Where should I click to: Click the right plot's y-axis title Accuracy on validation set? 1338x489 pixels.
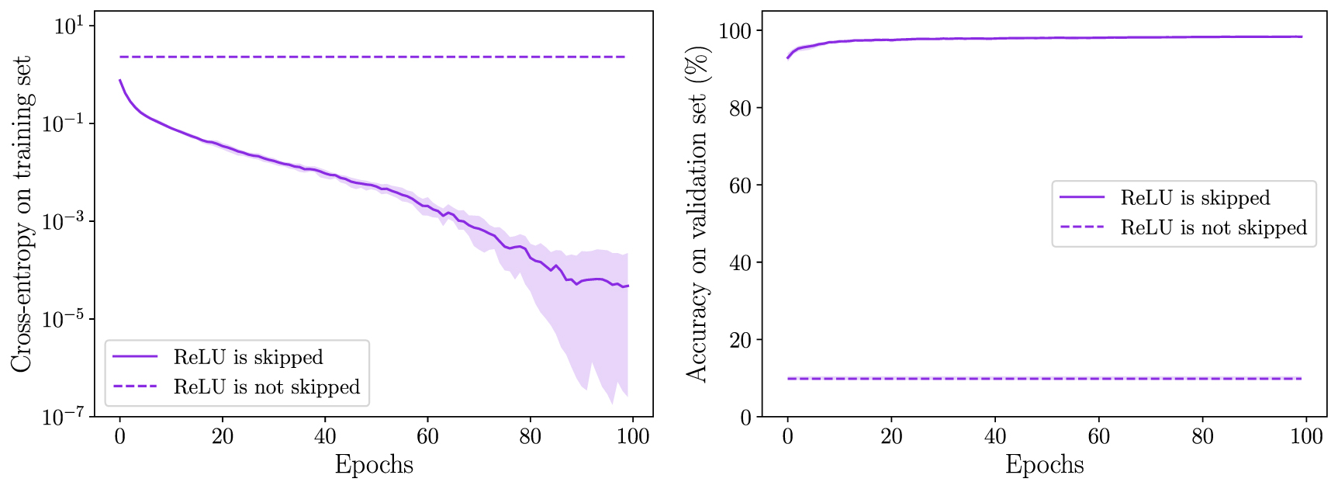[x=697, y=213]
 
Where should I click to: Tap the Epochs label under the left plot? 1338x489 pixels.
[x=374, y=465]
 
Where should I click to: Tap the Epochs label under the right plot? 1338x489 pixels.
[x=1044, y=465]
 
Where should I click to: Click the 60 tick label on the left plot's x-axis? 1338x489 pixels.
[x=427, y=436]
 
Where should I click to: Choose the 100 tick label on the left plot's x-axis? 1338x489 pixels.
[x=633, y=436]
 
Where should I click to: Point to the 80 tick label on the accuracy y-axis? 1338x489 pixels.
[x=741, y=108]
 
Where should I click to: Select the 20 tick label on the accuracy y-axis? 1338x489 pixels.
[x=741, y=340]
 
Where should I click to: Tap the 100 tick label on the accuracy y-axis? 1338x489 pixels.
[x=736, y=31]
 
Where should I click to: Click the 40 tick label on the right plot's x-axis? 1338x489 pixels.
[x=995, y=436]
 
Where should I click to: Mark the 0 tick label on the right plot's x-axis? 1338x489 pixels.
[x=788, y=436]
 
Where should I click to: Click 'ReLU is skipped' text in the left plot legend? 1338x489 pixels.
[x=248, y=357]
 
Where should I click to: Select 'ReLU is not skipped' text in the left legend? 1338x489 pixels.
[x=267, y=387]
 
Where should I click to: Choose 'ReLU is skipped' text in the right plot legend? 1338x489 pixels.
[x=1195, y=198]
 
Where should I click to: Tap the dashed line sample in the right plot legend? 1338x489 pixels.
[x=1082, y=227]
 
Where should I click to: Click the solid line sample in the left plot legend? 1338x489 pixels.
[x=135, y=357]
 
